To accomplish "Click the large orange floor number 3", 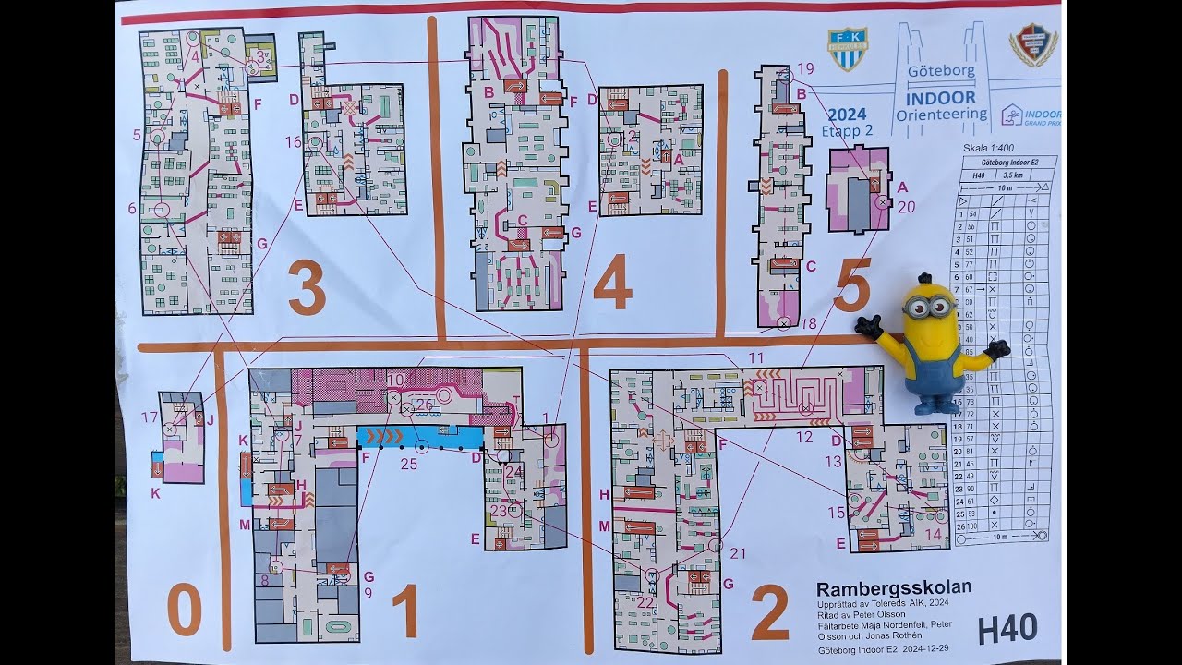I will tap(308, 287).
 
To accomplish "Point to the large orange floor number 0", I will tap(185, 611).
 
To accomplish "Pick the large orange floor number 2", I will tap(769, 611).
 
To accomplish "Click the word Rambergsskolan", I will tap(893, 588).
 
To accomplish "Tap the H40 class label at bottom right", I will tap(1007, 629).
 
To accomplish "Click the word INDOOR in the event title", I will tap(940, 97).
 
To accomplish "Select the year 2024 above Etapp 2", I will tap(846, 115).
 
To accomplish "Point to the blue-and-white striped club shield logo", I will tap(847, 49).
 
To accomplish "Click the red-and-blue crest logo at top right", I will tap(1033, 44).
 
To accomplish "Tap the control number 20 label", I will tap(906, 207).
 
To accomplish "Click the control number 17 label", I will tap(150, 417).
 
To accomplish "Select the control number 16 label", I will tap(294, 142).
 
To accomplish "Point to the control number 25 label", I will tap(408, 464).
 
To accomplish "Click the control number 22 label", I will tap(645, 603).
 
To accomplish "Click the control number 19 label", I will tap(805, 68).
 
